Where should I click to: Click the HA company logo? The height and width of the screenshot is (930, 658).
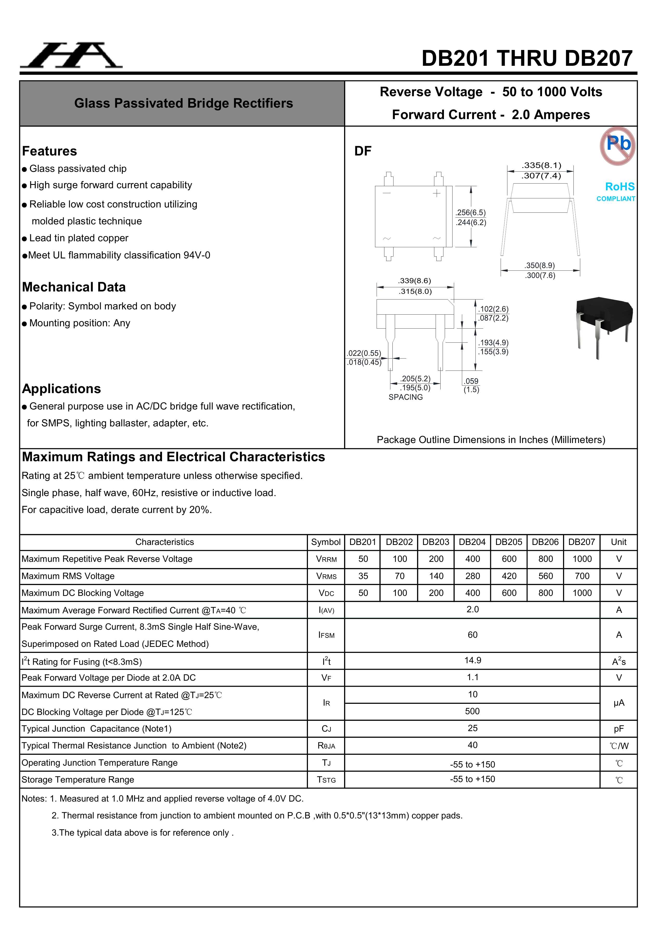[x=71, y=55]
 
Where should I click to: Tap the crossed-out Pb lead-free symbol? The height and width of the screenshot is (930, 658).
[x=617, y=146]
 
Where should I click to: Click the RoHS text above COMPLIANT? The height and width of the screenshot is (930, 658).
[x=620, y=187]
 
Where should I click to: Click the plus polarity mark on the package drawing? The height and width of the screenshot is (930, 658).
[x=436, y=194]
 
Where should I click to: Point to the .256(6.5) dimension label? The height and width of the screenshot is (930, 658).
[x=470, y=213]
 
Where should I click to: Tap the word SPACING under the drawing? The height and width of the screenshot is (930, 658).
[x=405, y=397]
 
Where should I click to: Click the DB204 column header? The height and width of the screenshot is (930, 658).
[x=472, y=542]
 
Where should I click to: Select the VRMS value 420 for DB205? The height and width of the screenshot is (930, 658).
[x=509, y=576]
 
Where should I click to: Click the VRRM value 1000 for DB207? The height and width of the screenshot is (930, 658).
[x=582, y=559]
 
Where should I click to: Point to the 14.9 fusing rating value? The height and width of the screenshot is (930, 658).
[x=472, y=660]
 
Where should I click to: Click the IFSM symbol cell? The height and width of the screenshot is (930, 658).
[x=326, y=635]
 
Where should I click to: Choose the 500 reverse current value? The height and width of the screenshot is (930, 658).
[x=472, y=711]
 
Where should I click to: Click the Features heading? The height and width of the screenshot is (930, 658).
[x=49, y=151]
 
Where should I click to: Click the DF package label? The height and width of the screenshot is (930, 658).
[x=363, y=151]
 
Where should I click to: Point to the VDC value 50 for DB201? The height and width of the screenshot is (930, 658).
[x=363, y=593]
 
